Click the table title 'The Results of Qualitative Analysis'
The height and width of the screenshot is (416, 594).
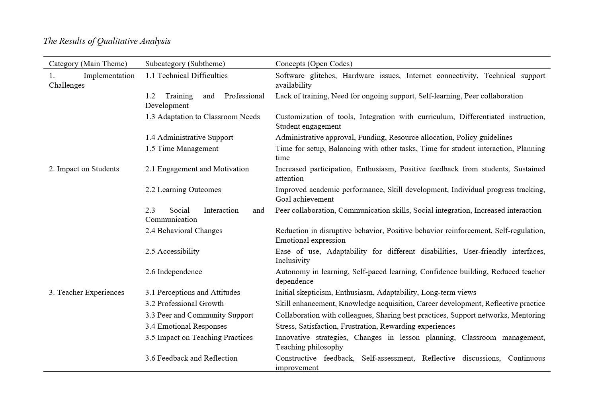coord(107,41)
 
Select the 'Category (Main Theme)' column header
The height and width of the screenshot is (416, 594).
coord(88,64)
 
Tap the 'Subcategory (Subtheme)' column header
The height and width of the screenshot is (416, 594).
coord(185,64)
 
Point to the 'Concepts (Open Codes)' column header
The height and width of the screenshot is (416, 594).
coord(314,64)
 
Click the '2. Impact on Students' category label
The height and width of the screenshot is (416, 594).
coord(84,169)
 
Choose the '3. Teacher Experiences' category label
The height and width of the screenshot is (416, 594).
coord(86,292)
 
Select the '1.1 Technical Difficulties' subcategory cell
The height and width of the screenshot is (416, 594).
coord(186,76)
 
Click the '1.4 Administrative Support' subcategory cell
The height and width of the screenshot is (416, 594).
coord(189,137)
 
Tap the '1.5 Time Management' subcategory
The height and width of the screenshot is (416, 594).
coord(182,149)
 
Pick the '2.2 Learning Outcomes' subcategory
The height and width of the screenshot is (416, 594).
coord(183,190)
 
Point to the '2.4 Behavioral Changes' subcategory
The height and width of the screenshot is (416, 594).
coord(184,231)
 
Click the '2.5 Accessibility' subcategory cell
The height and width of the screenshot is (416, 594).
coord(172,251)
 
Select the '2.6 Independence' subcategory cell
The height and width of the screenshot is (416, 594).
coord(174,272)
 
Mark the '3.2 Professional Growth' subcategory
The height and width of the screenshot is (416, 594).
coord(184,304)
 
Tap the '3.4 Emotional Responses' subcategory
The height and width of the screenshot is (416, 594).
coord(186,326)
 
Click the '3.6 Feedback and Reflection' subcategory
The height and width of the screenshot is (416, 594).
coord(191,358)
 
